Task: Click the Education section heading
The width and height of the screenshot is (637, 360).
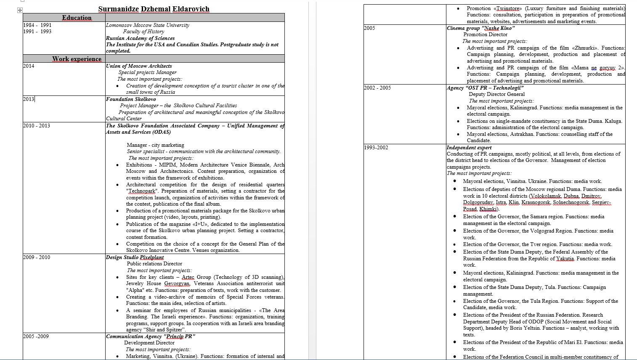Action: coord(77,18)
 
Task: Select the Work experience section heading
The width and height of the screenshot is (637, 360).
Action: coord(77,59)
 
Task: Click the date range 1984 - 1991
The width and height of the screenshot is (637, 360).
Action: coord(37,25)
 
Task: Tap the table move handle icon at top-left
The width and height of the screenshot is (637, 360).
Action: coord(20,10)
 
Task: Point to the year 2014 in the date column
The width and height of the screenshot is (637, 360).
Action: coord(29,66)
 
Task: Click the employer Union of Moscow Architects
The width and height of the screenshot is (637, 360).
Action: coord(139,66)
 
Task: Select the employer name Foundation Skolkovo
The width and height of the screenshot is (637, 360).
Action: coord(131,99)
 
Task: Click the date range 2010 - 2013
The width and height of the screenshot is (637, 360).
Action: coord(37,126)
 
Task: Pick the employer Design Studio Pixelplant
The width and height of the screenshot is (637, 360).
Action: coord(135,257)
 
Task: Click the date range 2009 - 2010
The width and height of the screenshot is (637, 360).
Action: coord(37,257)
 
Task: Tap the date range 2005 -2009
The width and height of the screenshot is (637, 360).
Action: coord(36,336)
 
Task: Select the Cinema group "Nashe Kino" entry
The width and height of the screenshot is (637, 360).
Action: coord(480,28)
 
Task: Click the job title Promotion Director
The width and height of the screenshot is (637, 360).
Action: coord(485,34)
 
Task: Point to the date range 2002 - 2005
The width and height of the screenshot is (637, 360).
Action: coord(377,88)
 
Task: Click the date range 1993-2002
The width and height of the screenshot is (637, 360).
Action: coord(376,148)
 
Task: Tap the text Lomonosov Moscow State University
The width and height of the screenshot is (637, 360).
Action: coord(148,25)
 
